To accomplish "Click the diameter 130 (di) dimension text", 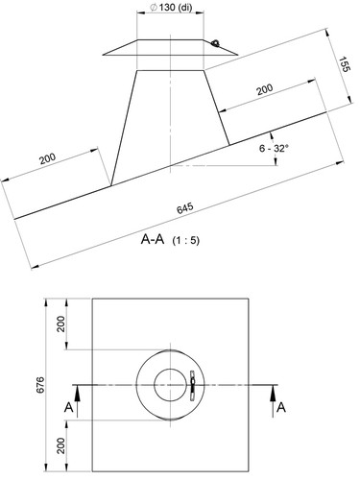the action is [x=171, y=8].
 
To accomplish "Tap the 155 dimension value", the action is [x=344, y=64].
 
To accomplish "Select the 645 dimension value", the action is [x=185, y=207].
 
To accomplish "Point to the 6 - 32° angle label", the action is [x=274, y=148].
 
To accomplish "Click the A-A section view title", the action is [x=153, y=239].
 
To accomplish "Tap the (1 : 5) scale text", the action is [x=186, y=240].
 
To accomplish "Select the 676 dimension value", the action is [x=40, y=385].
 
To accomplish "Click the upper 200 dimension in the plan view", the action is [x=60, y=324].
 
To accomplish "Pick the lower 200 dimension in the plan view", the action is [x=60, y=445].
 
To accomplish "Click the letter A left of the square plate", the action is [x=69, y=408].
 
